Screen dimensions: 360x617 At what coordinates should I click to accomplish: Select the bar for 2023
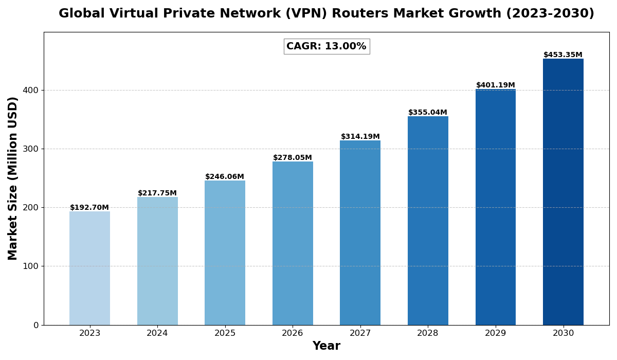click(x=89, y=268)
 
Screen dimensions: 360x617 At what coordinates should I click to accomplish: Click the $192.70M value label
click(x=89, y=208)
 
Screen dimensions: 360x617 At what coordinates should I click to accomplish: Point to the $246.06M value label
click(x=225, y=177)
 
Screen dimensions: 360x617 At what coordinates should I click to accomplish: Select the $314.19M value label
click(x=360, y=137)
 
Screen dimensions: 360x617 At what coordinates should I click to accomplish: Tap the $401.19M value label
click(x=495, y=85)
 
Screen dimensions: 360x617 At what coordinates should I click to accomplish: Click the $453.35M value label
click(x=563, y=55)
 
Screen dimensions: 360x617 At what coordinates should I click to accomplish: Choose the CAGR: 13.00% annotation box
click(x=326, y=46)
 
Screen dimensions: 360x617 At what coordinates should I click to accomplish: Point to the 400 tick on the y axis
click(x=30, y=90)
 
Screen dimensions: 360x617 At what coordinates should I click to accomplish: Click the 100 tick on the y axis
click(x=30, y=266)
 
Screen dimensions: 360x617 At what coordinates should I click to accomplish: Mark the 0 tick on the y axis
click(x=36, y=325)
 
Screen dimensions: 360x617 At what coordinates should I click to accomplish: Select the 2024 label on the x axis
click(x=157, y=333)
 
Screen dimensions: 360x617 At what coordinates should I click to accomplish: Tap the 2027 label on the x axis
click(x=360, y=333)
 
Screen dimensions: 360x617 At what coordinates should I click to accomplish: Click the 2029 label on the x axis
click(x=495, y=333)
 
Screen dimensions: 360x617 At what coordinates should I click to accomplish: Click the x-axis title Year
click(x=326, y=346)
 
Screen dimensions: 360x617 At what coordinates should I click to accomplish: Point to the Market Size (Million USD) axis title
click(x=13, y=178)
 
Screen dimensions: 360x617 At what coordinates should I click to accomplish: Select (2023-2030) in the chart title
click(x=550, y=14)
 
